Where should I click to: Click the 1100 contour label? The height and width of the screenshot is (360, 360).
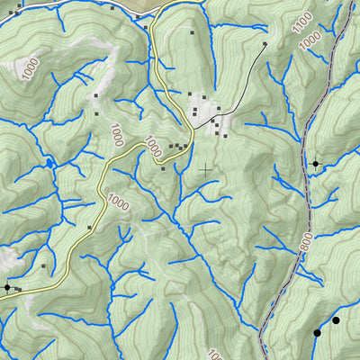(x=303, y=21)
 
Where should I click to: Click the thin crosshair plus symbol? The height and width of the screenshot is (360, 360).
(x=207, y=168)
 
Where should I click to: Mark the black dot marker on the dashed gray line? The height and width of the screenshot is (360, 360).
(x=315, y=164)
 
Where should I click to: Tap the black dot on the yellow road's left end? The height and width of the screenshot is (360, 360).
(x=7, y=287)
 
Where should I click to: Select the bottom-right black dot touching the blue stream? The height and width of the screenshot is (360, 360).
(x=317, y=333)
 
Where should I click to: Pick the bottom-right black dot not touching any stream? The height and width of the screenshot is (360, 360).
(x=337, y=319)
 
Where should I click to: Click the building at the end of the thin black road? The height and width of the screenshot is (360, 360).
(x=265, y=43)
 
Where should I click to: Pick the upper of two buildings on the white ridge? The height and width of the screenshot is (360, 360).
(x=95, y=94)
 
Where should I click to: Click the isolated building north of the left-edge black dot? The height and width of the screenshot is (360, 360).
(x=43, y=266)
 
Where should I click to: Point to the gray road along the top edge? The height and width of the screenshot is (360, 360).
(x=72, y=4)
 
